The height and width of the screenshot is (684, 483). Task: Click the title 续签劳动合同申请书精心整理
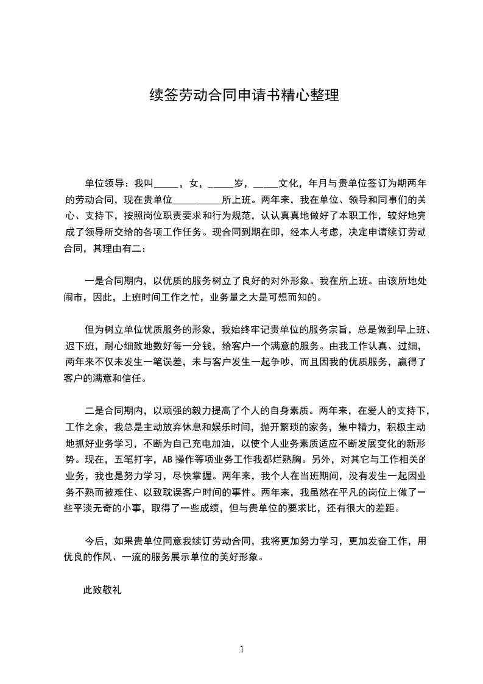click(244, 95)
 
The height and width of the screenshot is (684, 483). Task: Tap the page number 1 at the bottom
click(242, 649)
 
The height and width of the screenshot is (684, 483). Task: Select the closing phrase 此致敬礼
click(103, 590)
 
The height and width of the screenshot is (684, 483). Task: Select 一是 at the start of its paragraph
click(94, 282)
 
